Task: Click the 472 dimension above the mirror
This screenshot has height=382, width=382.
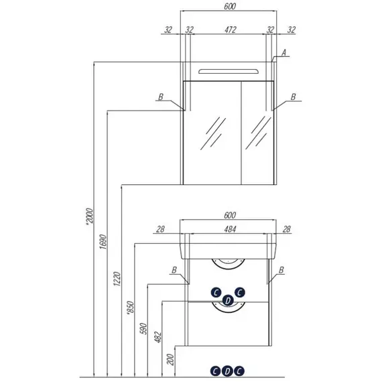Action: point(231,29)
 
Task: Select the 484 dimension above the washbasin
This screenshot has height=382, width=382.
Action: point(230,229)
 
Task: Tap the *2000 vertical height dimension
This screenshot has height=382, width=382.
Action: point(90,216)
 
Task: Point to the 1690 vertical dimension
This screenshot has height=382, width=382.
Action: point(103,241)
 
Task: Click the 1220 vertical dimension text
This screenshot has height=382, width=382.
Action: point(117,279)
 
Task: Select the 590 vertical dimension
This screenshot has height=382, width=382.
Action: point(144,328)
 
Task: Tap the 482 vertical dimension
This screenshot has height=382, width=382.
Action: point(158,337)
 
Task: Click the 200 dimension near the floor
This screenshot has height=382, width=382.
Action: point(171,360)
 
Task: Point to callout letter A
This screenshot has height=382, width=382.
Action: point(284,52)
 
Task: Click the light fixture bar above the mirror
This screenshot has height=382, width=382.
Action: point(229,72)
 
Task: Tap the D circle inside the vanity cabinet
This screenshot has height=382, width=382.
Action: point(228,300)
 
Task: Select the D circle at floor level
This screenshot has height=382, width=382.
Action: point(227,371)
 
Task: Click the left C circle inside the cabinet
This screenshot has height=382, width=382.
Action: point(216,293)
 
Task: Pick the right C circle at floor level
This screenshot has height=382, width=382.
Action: point(239,371)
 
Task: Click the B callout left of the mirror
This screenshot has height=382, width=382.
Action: point(161,97)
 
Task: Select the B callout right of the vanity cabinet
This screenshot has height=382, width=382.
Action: point(281,270)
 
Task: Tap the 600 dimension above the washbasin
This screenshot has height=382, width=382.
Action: point(230,215)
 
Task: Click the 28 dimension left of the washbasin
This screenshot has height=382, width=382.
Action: point(160,229)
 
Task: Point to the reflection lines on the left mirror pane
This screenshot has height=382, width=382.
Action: point(213,133)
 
